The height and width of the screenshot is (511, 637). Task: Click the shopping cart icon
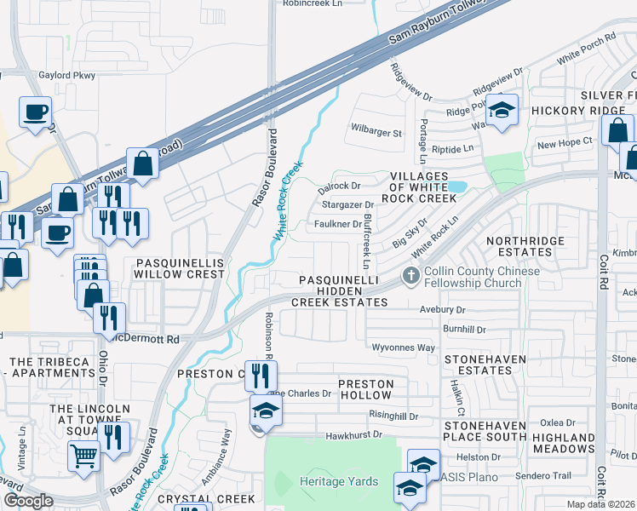click(83, 456)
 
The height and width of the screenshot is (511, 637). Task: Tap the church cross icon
click(410, 275)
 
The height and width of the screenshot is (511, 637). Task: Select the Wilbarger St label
click(376, 133)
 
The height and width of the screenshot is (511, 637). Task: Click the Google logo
click(28, 501)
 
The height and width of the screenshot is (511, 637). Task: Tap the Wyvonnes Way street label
click(404, 347)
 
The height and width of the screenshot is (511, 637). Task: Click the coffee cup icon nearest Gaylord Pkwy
click(36, 112)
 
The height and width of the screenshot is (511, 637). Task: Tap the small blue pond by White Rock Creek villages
click(457, 186)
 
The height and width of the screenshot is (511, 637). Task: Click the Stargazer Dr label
click(347, 204)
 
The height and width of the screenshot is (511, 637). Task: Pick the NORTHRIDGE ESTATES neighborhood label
click(525, 246)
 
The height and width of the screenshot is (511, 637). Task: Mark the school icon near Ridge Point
click(502, 111)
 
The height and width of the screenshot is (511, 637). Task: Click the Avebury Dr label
click(442, 310)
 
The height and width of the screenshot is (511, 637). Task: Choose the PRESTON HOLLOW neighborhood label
click(366, 390)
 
